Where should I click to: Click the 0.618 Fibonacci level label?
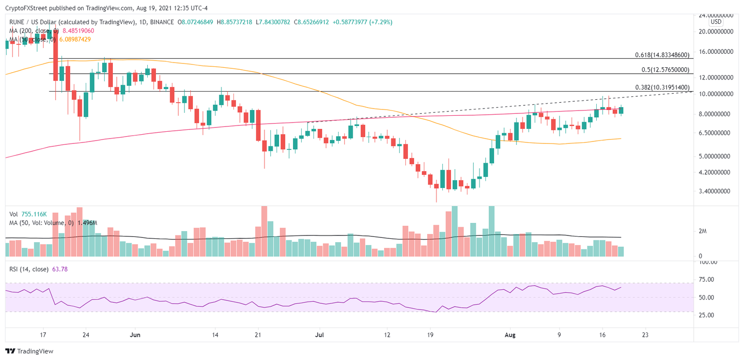click(x=662, y=55)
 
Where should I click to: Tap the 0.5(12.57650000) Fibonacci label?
click(x=665, y=70)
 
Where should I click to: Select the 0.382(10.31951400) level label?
click(x=662, y=87)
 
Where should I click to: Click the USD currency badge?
click(x=715, y=22)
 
